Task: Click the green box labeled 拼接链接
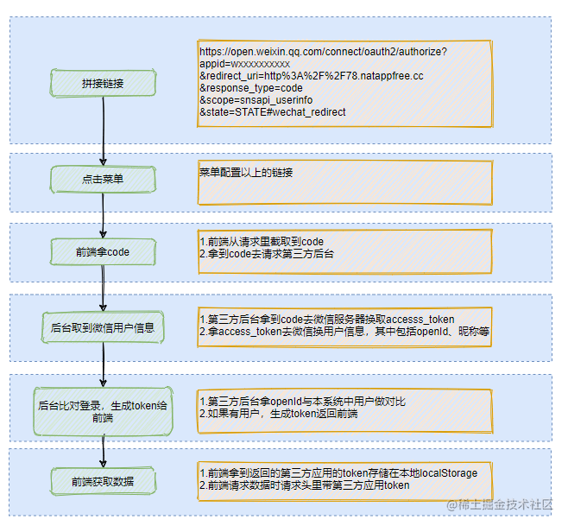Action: click(104, 83)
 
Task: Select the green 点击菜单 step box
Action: click(104, 180)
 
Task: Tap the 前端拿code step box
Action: click(104, 252)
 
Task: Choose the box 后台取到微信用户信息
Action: click(104, 327)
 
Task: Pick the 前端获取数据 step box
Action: click(104, 480)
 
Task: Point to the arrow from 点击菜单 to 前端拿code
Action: click(104, 215)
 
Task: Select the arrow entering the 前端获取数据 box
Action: click(104, 449)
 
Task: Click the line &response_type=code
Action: click(251, 88)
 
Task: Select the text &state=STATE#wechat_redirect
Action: click(273, 112)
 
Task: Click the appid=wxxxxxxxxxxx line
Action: click(244, 64)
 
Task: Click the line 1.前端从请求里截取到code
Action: click(262, 241)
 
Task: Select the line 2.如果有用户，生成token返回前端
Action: click(279, 414)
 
